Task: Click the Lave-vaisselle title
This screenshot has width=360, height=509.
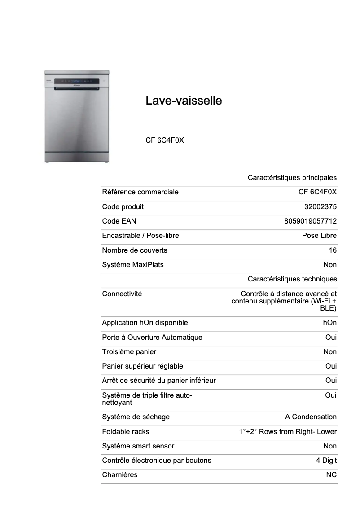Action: pos(184,101)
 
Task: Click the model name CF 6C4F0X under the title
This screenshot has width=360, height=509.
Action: pos(165,140)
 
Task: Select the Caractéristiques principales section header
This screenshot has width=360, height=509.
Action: pos(292,178)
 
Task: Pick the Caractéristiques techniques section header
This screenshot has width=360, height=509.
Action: pos(292,279)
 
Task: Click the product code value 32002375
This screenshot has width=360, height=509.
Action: pos(320,207)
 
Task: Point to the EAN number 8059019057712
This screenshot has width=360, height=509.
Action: pos(310,221)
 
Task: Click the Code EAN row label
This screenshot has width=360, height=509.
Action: pos(119,221)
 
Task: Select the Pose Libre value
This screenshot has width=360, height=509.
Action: pos(319,236)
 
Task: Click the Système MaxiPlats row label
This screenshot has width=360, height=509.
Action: pos(133,265)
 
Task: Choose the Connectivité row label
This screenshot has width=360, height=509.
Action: pos(122,294)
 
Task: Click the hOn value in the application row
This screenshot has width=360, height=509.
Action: pos(329,323)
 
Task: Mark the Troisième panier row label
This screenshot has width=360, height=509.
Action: pos(129,352)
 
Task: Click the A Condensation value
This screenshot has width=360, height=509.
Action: pos(311,417)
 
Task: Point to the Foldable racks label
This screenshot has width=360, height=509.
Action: pos(126,432)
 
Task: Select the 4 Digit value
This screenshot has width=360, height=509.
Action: pos(326,461)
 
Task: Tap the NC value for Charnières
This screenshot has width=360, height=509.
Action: pos(331,475)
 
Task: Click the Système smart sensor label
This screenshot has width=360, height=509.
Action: pos(138,446)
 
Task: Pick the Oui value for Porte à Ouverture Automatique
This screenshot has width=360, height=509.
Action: pos(331,338)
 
